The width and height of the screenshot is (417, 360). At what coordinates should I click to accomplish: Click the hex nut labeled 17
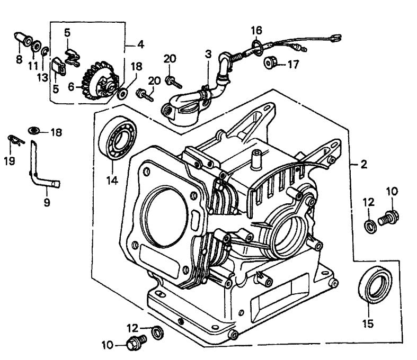pos(270,64)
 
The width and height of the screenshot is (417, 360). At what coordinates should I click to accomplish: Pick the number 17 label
pos(293,65)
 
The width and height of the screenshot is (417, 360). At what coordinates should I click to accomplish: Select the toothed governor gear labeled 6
pos(101,83)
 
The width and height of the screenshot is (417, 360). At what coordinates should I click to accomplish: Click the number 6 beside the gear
pos(72,85)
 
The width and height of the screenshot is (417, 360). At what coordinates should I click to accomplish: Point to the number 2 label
pos(363,165)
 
